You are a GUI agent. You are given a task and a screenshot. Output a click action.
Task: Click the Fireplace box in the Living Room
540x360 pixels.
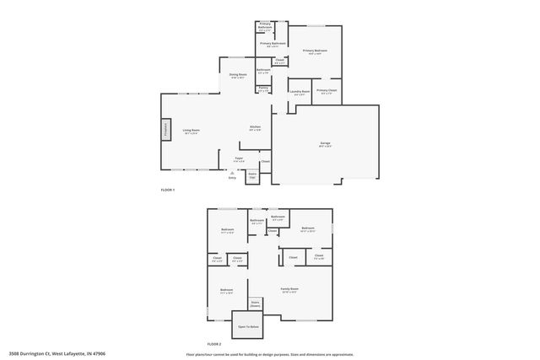tap(166, 131)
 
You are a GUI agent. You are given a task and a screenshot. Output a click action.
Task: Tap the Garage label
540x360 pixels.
tap(325, 145)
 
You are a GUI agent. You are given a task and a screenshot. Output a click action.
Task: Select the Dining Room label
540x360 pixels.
tap(238, 76)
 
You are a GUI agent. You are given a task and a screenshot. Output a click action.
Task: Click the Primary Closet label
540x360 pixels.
tap(327, 91)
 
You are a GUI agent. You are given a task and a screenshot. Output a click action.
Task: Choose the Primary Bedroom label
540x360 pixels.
tap(315, 51)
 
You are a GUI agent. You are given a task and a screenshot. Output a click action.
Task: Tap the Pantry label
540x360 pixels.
tap(263, 89)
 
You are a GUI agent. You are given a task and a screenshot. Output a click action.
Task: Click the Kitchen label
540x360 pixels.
tap(255, 128)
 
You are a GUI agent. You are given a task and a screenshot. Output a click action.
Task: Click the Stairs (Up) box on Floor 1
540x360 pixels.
tap(251, 176)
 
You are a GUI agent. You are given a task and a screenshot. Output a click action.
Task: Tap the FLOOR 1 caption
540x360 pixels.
tap(167, 190)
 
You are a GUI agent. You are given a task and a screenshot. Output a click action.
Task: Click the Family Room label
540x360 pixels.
tap(289, 289)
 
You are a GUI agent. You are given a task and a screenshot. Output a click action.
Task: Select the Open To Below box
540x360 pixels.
tap(248, 326)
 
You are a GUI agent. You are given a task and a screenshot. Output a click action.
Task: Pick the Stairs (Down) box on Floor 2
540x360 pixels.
tap(255, 304)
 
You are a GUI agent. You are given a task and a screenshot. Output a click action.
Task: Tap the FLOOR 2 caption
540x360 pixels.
tap(213, 344)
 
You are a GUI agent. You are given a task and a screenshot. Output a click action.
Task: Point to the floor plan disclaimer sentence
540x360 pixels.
tap(269, 354)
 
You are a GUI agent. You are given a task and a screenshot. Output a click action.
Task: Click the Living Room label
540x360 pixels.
tap(192, 131)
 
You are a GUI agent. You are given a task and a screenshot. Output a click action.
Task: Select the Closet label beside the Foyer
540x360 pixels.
tap(265, 161)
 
